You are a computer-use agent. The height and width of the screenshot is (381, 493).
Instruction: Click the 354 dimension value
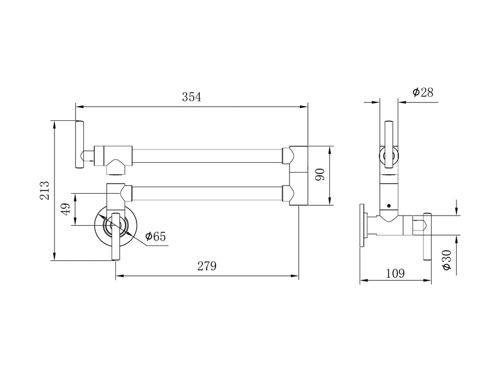(x=191, y=97)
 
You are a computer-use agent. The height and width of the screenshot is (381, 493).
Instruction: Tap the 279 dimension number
(x=207, y=266)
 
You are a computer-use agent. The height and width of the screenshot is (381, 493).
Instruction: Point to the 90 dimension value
(x=321, y=175)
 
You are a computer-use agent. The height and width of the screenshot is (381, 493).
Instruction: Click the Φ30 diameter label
(x=447, y=260)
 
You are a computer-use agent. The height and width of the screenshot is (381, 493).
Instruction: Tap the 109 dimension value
(x=395, y=274)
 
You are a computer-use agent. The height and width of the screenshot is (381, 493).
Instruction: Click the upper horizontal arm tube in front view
(x=207, y=155)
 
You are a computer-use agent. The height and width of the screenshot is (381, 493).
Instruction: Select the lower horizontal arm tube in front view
(x=207, y=193)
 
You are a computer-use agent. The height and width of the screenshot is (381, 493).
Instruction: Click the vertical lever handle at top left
(x=79, y=144)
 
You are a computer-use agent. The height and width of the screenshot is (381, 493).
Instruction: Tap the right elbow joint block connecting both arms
(x=298, y=175)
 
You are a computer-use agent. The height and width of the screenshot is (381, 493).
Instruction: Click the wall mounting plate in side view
(x=362, y=226)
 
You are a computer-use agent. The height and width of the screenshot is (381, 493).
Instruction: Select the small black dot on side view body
(x=388, y=206)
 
